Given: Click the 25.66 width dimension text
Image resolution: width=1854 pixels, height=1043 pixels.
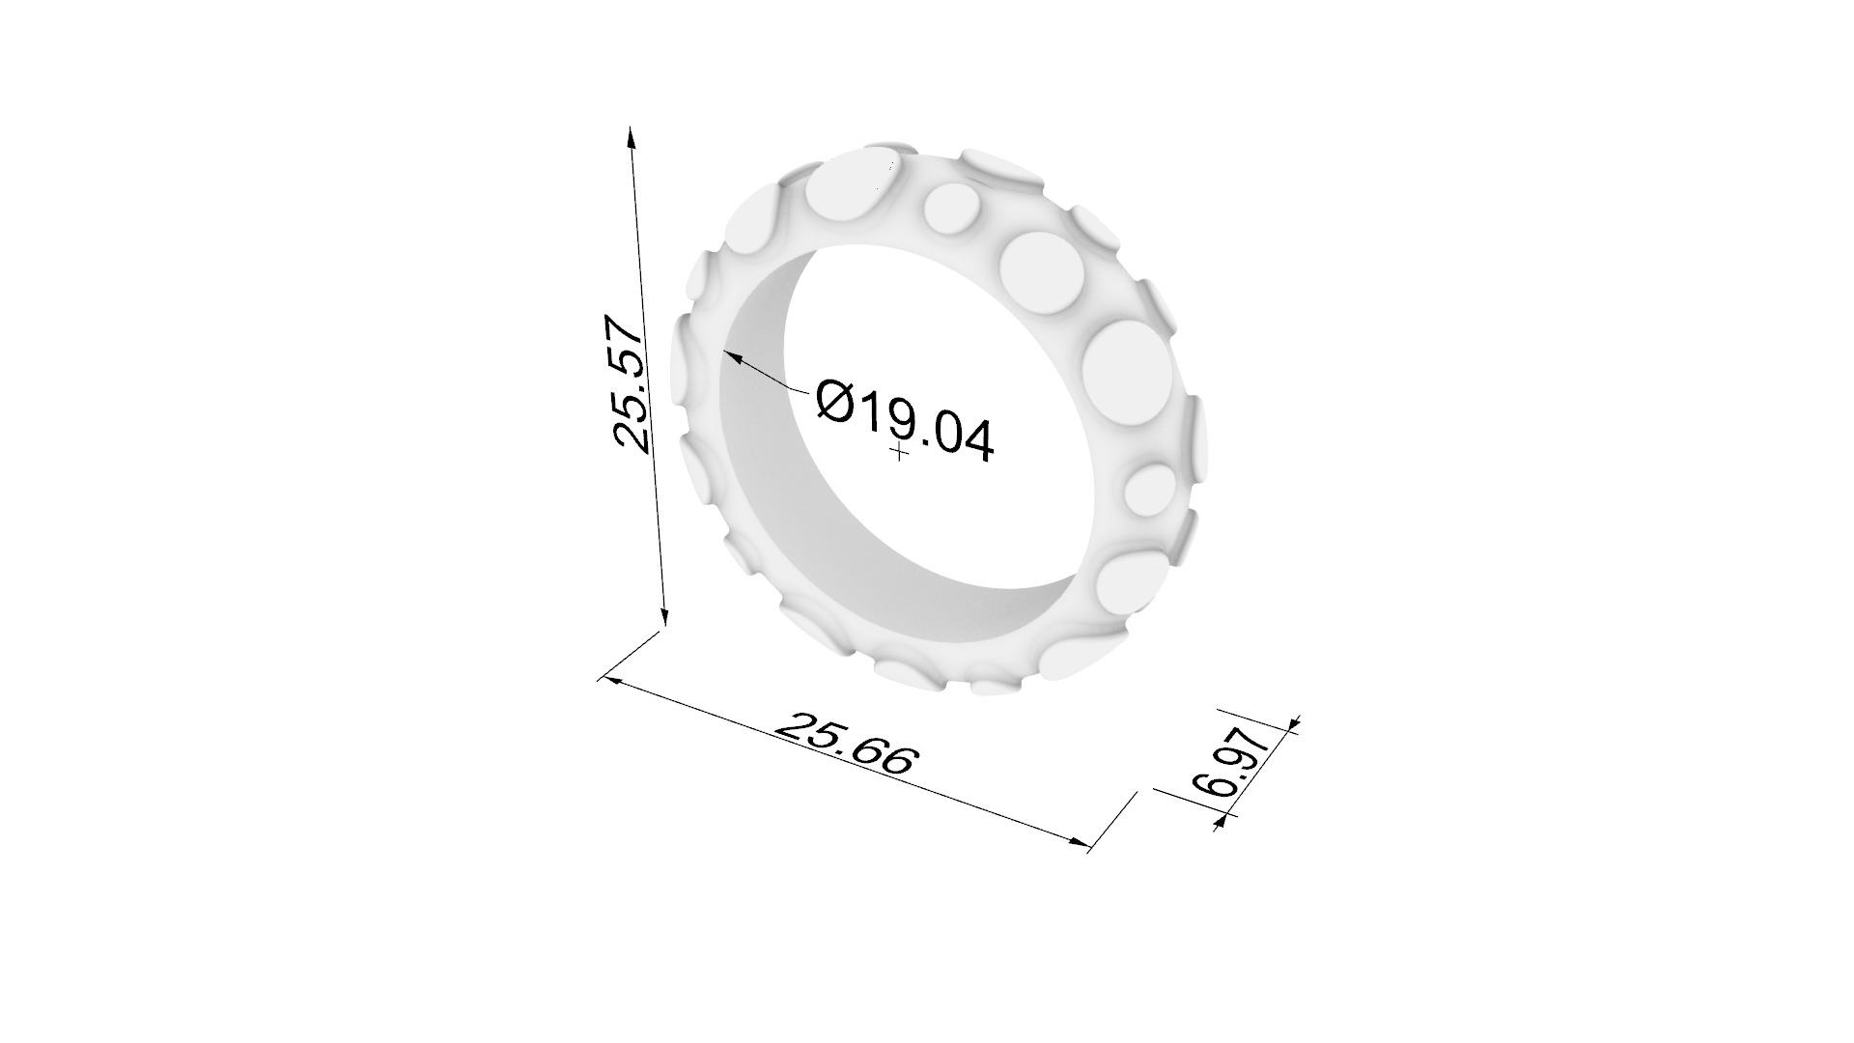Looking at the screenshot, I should (x=844, y=745).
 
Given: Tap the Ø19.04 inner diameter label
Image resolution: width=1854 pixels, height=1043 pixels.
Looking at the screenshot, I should (x=904, y=421).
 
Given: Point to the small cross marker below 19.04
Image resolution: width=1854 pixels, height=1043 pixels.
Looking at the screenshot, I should (x=900, y=451).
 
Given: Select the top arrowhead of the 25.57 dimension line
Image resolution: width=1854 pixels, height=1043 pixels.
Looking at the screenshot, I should (x=632, y=136).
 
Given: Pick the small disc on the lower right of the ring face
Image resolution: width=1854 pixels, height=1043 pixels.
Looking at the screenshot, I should (x=1149, y=492).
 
